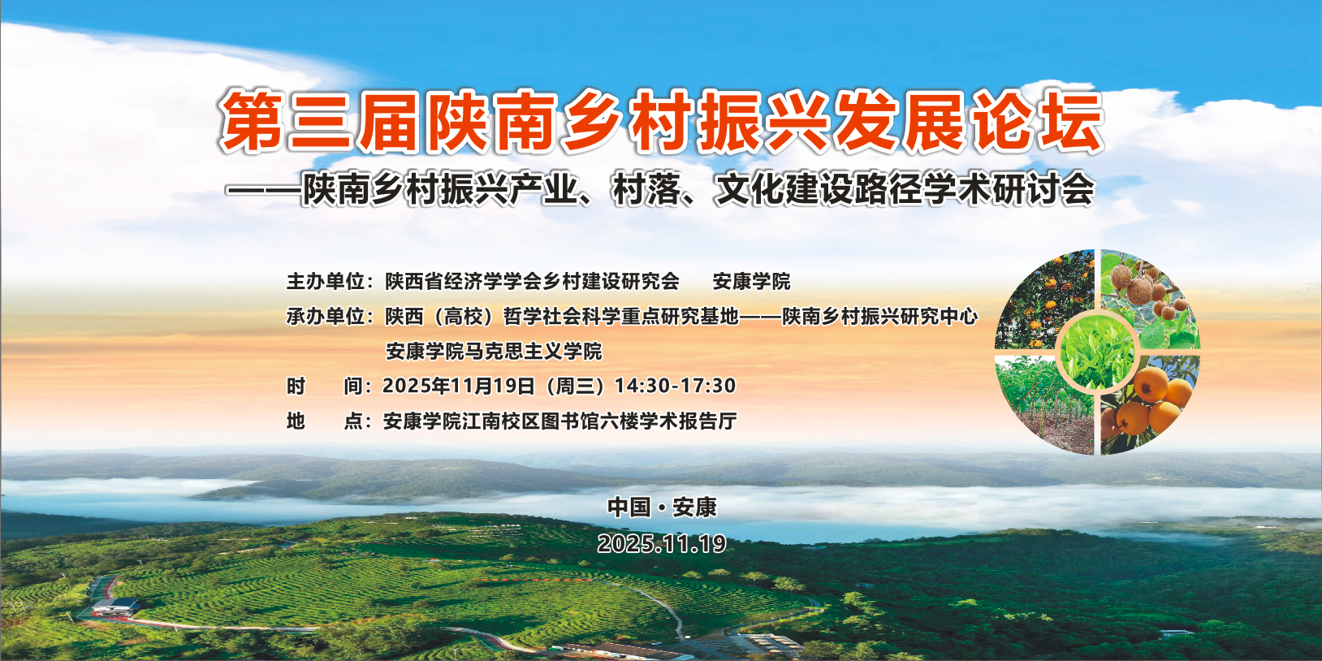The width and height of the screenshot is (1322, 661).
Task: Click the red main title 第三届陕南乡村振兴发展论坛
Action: click(x=661, y=122)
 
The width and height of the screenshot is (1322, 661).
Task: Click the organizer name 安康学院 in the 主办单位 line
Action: click(x=751, y=282)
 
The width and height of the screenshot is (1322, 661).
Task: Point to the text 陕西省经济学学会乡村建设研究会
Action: click(x=533, y=282)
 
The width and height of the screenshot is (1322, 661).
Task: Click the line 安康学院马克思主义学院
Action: click(x=494, y=351)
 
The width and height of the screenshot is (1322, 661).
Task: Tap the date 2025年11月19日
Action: click(x=459, y=386)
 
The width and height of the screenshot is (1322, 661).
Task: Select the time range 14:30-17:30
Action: click(x=675, y=386)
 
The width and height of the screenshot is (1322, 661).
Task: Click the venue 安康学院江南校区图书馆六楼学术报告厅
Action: click(x=560, y=421)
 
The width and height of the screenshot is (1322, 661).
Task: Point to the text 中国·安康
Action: click(x=662, y=507)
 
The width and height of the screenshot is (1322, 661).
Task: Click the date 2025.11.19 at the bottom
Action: click(x=662, y=543)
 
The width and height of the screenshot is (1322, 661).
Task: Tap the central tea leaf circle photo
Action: click(x=1097, y=352)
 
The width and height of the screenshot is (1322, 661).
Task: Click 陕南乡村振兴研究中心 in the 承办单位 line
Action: click(x=880, y=317)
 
